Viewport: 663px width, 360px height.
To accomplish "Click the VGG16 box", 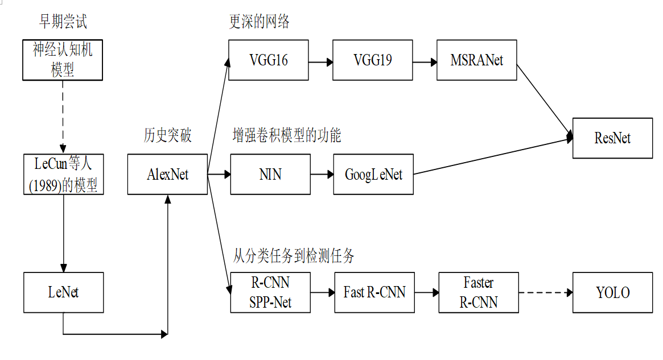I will tap(269, 60).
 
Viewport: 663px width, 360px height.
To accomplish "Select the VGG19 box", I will tap(373, 60).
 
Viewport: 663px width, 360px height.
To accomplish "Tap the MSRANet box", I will tap(477, 60).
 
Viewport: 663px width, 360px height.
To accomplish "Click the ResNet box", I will tap(612, 138).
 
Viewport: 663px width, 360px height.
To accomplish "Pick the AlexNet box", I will tap(167, 174).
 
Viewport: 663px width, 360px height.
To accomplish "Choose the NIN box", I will tap(270, 174).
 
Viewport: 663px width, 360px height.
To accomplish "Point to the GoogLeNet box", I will tap(373, 174).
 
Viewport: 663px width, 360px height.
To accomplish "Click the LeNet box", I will tap(63, 292).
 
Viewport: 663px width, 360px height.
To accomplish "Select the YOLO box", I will tap(612, 292).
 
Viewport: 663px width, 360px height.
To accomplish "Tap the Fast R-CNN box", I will tap(374, 292).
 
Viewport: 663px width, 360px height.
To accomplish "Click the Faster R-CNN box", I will tap(479, 292).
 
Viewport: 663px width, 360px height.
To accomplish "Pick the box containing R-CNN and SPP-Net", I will tap(270, 292).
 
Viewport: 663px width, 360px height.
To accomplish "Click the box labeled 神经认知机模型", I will tap(63, 60).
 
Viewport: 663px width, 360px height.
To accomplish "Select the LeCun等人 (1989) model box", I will tap(63, 174).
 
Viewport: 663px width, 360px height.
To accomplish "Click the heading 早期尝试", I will tap(63, 22).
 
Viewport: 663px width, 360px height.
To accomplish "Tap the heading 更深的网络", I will tap(259, 22).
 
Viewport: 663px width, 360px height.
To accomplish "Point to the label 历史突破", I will tap(167, 135).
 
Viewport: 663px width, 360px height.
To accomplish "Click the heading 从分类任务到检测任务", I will tap(294, 256).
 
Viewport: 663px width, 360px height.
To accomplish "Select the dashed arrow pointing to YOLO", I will tap(545, 293).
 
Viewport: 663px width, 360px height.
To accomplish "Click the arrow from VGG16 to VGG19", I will tap(321, 60).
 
